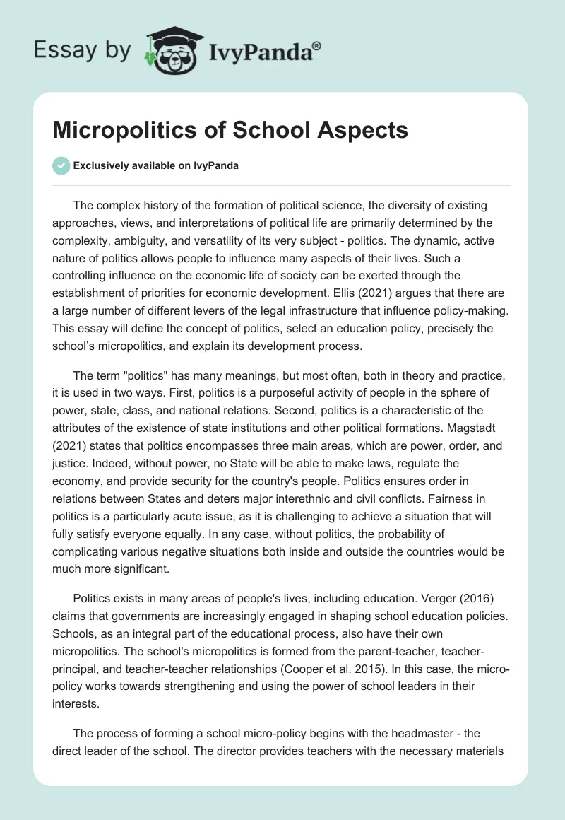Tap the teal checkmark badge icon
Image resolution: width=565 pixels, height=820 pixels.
click(60, 165)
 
